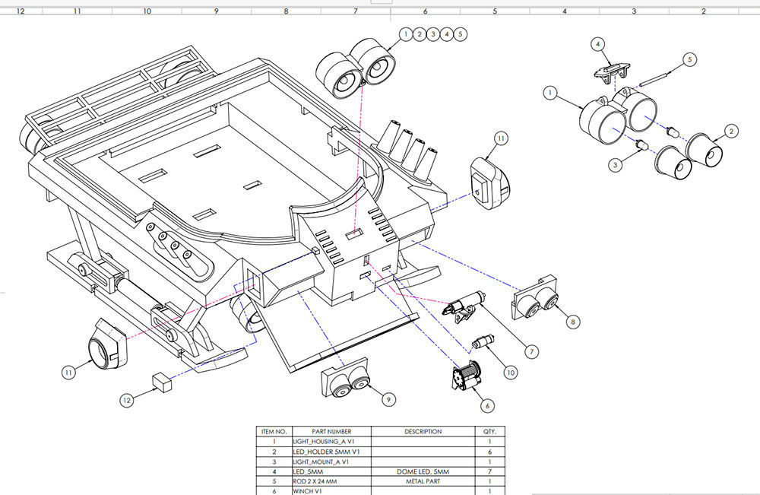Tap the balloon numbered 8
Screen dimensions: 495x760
coord(572,322)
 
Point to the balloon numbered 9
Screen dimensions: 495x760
coord(388,398)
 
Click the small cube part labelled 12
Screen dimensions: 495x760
coord(162,380)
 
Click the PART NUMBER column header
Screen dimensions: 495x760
coord(322,431)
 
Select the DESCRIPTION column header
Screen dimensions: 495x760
coord(423,431)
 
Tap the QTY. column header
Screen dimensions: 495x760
coord(489,431)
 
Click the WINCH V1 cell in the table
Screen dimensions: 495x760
coord(322,491)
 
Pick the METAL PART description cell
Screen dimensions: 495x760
coord(423,481)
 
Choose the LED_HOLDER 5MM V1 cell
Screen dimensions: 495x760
coord(322,452)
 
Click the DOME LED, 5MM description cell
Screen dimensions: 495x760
coord(423,471)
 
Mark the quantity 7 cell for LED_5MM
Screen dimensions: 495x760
coord(489,471)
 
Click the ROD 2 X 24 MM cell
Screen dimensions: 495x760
coord(322,481)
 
